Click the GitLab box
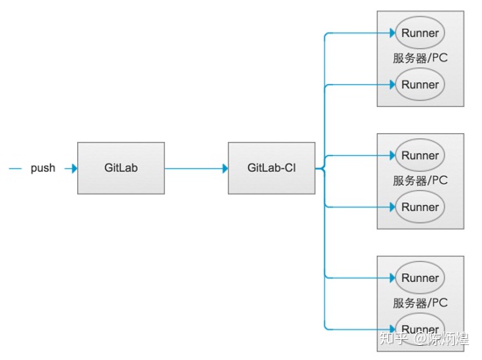(120, 167)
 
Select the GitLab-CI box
(271, 167)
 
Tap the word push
(43, 168)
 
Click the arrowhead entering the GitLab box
(73, 168)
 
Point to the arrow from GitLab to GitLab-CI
(195, 168)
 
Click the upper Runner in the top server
(420, 33)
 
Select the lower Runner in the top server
(420, 85)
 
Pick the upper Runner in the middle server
(420, 156)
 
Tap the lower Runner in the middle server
(420, 208)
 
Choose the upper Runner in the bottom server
(420, 278)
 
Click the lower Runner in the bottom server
(420, 329)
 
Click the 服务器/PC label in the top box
(421, 59)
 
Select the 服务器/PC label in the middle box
(421, 181)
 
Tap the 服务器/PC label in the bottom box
(421, 303)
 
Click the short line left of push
(15, 168)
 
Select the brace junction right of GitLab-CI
(321, 167)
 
